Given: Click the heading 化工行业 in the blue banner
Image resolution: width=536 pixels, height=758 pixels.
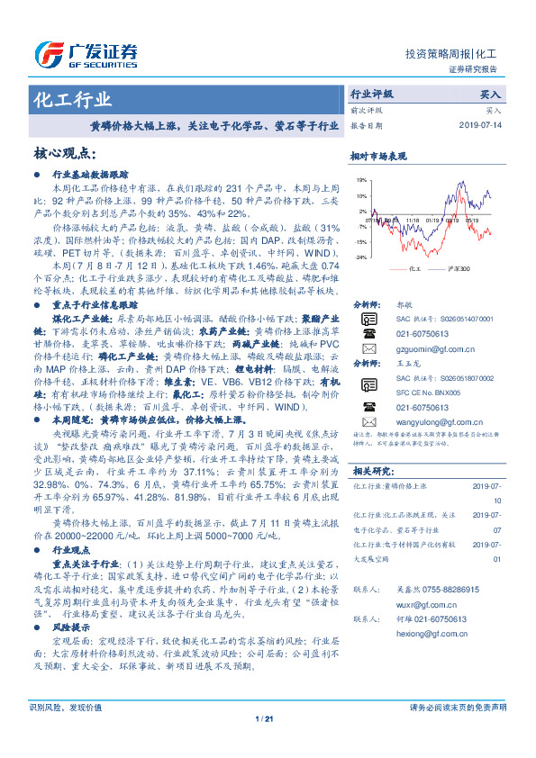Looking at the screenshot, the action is [x=72, y=99].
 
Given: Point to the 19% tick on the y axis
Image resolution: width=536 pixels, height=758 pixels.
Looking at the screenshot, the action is [x=360, y=180].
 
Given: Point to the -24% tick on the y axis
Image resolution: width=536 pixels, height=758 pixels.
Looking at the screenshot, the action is [x=359, y=257].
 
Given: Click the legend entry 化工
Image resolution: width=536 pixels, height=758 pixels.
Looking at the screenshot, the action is [x=414, y=268].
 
